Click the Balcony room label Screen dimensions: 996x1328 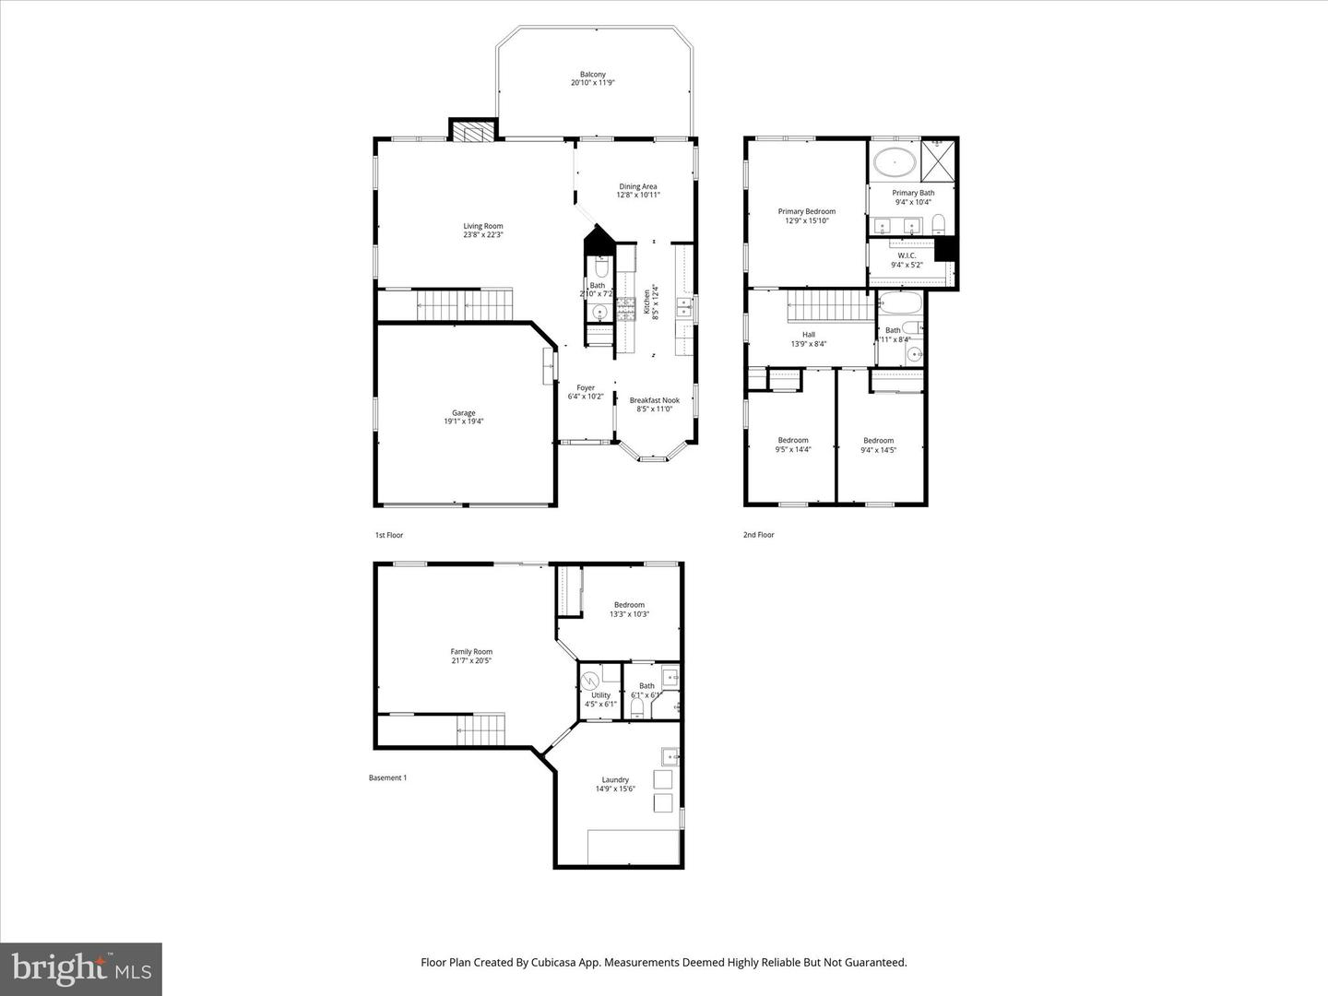[592, 75]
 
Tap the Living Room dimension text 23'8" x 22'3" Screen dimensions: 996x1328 [483, 235]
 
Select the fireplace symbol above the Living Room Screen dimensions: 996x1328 [473, 131]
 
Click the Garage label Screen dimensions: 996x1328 [463, 413]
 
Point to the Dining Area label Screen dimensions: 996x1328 [637, 186]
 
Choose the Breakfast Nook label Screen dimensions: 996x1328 [654, 400]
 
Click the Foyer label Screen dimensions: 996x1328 [586, 387]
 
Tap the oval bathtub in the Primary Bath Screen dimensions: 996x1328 [894, 162]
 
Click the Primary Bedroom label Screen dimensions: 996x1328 [806, 211]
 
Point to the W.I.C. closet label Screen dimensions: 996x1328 [907, 255]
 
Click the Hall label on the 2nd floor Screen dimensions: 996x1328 [808, 335]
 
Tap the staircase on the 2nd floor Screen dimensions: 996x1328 [827, 305]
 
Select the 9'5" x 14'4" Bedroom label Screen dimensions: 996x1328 [792, 440]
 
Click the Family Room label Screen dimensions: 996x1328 [471, 651]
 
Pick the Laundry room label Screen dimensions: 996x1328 [615, 779]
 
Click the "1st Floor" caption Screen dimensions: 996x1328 [388, 535]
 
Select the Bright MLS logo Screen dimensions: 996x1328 [81, 968]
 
